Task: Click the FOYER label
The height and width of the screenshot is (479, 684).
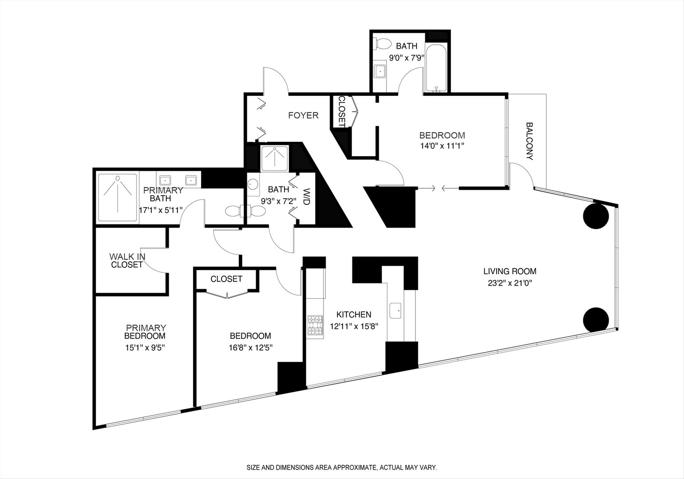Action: pos(303,115)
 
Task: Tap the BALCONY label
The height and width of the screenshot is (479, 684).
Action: pos(530,141)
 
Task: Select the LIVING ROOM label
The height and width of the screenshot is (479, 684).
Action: pos(510,271)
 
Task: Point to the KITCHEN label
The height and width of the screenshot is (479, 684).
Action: pos(354,315)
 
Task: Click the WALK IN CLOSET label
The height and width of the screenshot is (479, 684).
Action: pos(127,260)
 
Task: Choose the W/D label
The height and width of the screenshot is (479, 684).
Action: pos(307,197)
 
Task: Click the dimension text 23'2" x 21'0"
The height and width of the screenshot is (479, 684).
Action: pos(510,283)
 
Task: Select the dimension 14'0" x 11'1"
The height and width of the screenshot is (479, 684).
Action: pos(441,146)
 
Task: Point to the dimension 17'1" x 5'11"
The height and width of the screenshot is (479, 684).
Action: pos(161,210)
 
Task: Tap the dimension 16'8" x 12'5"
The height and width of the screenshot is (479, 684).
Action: pos(250,347)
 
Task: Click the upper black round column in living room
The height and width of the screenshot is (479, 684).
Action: pos(596,216)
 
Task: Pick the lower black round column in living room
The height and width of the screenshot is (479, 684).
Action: pos(596,320)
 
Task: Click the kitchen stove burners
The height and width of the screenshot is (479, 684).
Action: pos(315,326)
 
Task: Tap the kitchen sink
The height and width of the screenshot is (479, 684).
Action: pos(396,311)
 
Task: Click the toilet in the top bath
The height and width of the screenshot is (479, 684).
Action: pos(383,44)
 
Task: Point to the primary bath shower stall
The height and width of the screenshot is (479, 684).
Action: pos(117,197)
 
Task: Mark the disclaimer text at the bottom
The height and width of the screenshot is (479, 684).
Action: pos(342,468)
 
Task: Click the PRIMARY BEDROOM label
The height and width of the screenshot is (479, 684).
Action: pos(145,332)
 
